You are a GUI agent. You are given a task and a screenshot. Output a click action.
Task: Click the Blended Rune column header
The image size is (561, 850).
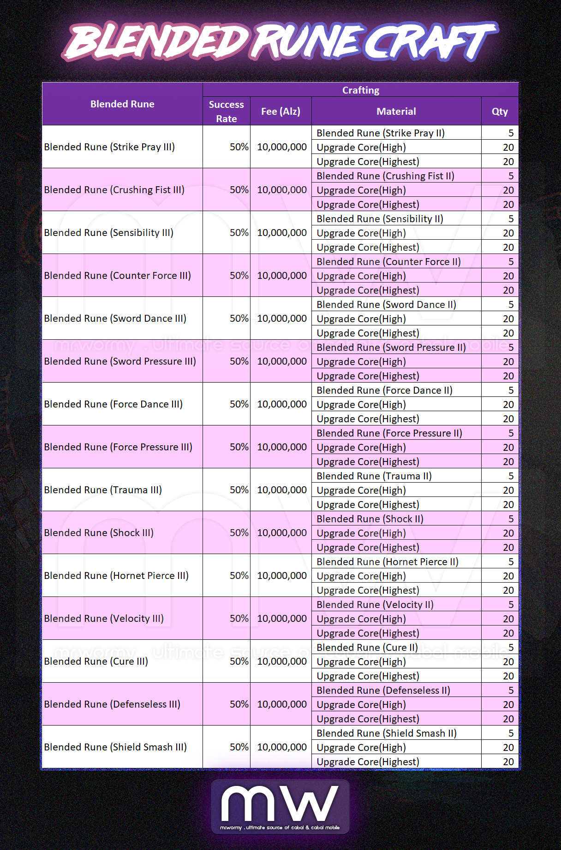[122, 104]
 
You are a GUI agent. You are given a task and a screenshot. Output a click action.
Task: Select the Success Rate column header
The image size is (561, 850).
[226, 112]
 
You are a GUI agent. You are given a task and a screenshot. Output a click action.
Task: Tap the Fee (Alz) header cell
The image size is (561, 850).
[280, 112]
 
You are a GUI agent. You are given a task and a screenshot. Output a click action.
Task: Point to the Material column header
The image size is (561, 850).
[396, 112]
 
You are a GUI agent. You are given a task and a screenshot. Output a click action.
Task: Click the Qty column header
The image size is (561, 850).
[500, 112]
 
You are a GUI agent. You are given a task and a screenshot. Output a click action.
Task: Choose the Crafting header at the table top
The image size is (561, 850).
[360, 90]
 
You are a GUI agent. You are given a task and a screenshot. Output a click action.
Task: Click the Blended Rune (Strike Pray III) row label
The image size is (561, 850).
[109, 147]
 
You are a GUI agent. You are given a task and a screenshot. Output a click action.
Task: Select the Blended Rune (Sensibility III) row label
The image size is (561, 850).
[109, 233]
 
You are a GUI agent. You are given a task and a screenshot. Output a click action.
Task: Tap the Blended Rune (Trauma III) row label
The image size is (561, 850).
[103, 490]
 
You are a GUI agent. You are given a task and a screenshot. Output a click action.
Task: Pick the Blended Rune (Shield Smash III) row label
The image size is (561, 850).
[115, 747]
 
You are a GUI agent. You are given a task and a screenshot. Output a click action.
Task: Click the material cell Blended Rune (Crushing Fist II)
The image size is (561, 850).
[385, 176]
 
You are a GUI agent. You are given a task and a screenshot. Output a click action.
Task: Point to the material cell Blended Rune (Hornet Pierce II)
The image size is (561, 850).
[388, 562]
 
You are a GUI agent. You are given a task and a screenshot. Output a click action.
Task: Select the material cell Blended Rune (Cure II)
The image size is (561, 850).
[367, 648]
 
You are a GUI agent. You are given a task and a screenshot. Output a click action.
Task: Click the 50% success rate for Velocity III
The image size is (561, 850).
[239, 619]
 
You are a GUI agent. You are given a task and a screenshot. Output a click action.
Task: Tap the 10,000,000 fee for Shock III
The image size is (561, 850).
[281, 533]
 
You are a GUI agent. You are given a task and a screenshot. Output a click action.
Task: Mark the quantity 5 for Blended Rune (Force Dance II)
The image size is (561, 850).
[511, 390]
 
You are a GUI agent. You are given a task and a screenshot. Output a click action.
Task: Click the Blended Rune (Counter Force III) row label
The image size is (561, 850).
[117, 276]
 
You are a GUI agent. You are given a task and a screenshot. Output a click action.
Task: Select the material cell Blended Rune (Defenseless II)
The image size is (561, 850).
[383, 691]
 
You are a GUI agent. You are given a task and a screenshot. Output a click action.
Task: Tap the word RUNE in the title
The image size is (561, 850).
[307, 41]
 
